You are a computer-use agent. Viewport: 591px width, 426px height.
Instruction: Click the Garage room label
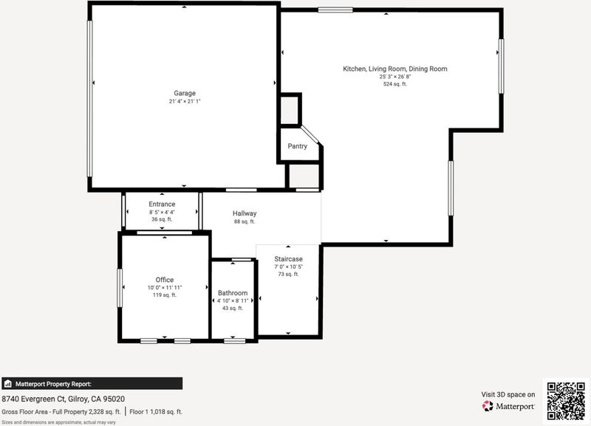(x=185, y=93)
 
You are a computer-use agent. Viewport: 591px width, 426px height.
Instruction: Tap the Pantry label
(x=298, y=146)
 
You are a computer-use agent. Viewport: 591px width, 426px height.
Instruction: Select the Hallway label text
(x=245, y=213)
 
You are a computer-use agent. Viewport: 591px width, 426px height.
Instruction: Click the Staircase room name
(x=288, y=258)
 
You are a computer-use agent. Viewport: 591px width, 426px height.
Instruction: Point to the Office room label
(x=165, y=280)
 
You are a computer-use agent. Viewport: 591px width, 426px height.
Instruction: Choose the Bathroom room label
(x=233, y=292)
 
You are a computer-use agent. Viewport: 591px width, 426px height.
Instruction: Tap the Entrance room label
(x=162, y=204)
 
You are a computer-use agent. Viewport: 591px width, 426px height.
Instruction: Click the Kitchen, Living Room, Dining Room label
(x=395, y=69)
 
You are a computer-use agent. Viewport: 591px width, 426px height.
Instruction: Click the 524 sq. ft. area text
(x=395, y=84)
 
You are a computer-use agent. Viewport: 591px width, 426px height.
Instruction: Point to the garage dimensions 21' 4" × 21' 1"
(x=185, y=101)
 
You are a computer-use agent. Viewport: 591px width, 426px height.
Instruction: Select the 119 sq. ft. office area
(x=165, y=295)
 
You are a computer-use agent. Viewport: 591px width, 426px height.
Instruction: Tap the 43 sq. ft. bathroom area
(x=233, y=308)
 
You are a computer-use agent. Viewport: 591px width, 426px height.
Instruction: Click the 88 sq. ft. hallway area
(x=245, y=221)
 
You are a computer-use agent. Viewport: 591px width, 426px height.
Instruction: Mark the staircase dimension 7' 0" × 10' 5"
(x=288, y=267)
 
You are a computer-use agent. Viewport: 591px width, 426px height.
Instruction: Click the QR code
(x=566, y=401)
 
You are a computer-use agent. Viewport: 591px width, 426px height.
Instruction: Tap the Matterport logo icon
(x=488, y=406)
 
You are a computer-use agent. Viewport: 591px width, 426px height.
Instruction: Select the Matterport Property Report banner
(x=92, y=383)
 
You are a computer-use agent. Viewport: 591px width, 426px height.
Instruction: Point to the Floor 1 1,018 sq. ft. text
(x=156, y=412)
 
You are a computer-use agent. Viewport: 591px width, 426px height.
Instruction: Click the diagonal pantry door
(x=310, y=135)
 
